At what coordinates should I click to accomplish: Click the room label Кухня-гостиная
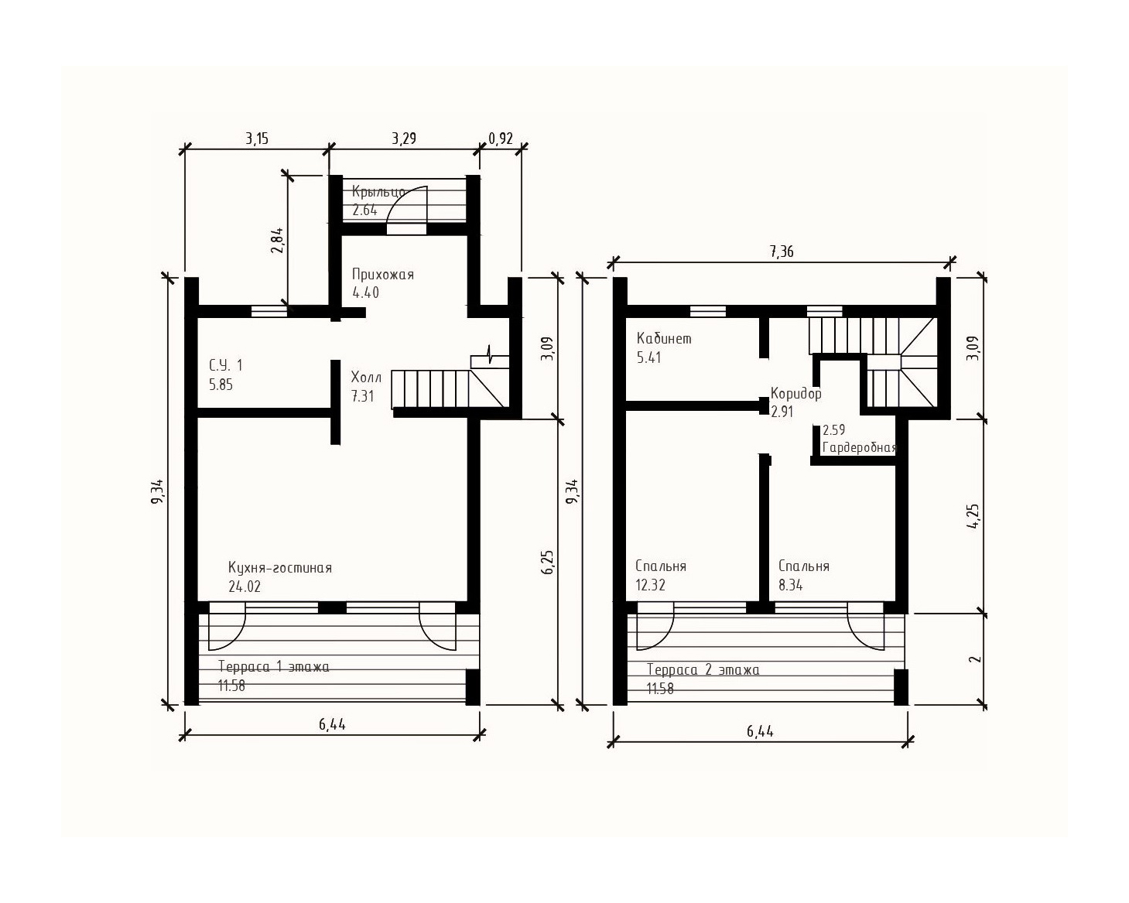(279, 568)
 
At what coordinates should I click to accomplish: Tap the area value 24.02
(245, 587)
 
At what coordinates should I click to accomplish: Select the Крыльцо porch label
(378, 192)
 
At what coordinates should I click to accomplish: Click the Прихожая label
(383, 275)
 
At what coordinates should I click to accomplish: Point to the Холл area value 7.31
(363, 396)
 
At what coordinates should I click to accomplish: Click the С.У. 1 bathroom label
(226, 365)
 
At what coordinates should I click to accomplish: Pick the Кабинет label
(664, 338)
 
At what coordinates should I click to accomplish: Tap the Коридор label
(795, 394)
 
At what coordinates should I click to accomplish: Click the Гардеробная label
(860, 448)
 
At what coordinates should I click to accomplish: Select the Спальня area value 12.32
(651, 585)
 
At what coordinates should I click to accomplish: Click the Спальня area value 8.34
(791, 585)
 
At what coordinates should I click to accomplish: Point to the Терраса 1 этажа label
(274, 667)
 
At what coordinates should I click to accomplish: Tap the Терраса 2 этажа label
(703, 670)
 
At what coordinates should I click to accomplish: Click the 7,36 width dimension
(782, 252)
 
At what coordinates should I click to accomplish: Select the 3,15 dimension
(257, 139)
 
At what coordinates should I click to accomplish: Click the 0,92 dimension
(501, 139)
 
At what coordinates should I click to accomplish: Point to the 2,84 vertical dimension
(277, 241)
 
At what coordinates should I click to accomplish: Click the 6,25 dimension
(547, 563)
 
